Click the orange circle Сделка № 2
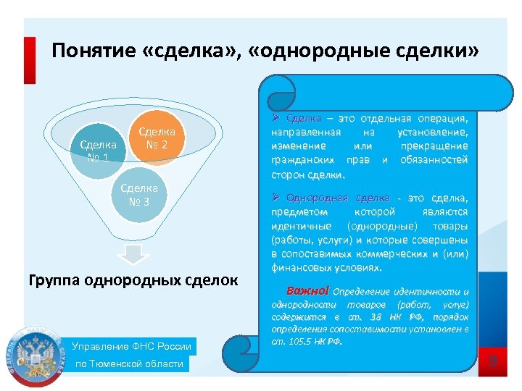click(156, 138)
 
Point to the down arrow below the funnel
click(133, 254)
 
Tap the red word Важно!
click(307, 291)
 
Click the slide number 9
click(492, 360)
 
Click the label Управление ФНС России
click(132, 346)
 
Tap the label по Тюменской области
click(130, 363)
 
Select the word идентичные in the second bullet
click(297, 225)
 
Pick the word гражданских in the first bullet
click(302, 160)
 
